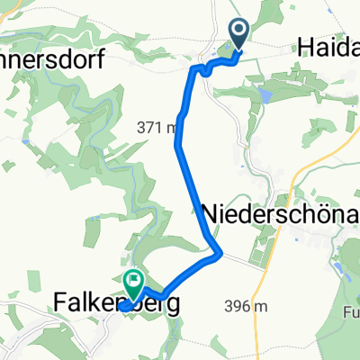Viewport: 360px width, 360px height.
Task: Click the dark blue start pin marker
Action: click(x=240, y=33)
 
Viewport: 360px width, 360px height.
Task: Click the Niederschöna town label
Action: click(x=281, y=214)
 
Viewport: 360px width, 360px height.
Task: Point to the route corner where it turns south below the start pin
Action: click(x=194, y=67)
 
